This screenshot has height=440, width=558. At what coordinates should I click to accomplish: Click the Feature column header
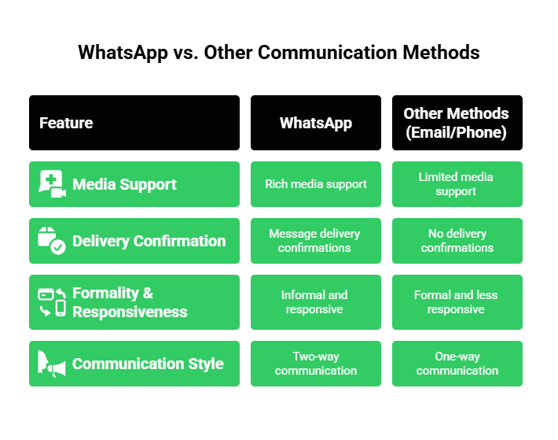point(66,123)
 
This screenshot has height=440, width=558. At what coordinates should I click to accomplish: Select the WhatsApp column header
point(316,123)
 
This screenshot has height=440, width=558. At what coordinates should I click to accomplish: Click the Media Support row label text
point(124,184)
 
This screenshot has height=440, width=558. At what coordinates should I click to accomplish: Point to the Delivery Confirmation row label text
point(149,241)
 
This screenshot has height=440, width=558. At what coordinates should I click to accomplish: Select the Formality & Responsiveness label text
point(130,302)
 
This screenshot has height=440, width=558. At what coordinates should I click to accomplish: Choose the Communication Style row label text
point(148,364)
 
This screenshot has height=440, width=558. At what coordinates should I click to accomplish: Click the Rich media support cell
point(316,184)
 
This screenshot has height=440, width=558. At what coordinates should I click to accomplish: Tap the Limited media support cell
point(457,184)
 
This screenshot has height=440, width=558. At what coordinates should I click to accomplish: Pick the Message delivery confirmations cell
point(316,241)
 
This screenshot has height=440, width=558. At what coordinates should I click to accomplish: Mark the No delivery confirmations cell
point(457,241)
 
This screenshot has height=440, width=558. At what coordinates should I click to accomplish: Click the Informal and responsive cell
point(316,302)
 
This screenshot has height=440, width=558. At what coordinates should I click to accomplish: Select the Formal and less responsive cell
point(457,302)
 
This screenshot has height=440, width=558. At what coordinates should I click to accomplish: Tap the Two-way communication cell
point(316,364)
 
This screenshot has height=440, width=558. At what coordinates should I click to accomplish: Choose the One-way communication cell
point(457,364)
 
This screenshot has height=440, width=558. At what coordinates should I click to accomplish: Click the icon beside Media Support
point(52,184)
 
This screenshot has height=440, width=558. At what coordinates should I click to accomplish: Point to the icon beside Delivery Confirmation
point(52,241)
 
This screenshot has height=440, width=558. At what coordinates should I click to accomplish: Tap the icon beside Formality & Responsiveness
point(52,302)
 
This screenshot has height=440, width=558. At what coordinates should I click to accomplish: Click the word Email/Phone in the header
point(457,132)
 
